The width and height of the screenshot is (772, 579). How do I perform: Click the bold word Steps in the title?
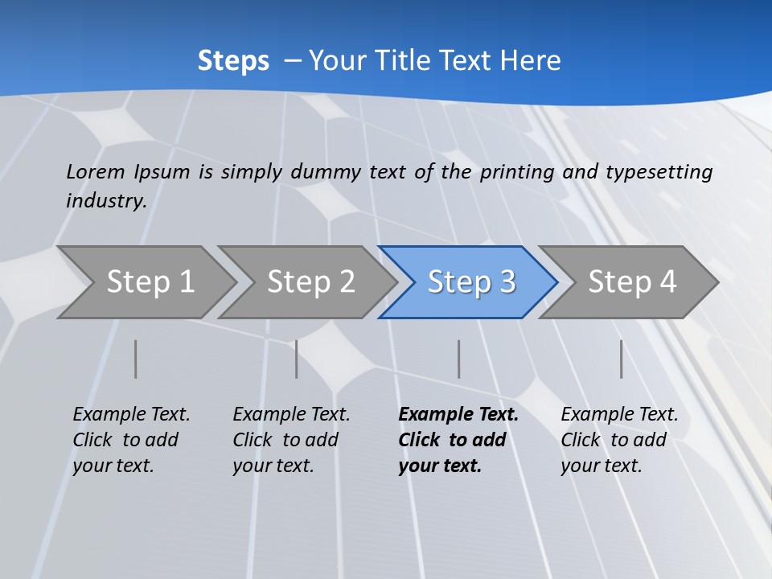[x=233, y=61]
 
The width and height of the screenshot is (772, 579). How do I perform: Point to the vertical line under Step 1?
[x=136, y=359]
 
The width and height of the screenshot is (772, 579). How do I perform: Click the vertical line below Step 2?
[x=297, y=359]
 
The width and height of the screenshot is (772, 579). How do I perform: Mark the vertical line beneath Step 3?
[x=459, y=359]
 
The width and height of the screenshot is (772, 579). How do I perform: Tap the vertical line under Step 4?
[x=622, y=359]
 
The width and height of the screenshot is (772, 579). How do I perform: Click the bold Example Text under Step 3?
[x=458, y=415]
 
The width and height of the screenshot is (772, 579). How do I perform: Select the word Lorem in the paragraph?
[x=96, y=171]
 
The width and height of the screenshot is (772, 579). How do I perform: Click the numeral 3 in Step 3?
[x=507, y=282]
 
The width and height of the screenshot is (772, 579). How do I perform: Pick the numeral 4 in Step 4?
[x=667, y=282]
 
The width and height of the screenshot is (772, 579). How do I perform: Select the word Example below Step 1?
[x=105, y=415]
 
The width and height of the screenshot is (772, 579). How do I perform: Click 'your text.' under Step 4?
[x=601, y=466]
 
